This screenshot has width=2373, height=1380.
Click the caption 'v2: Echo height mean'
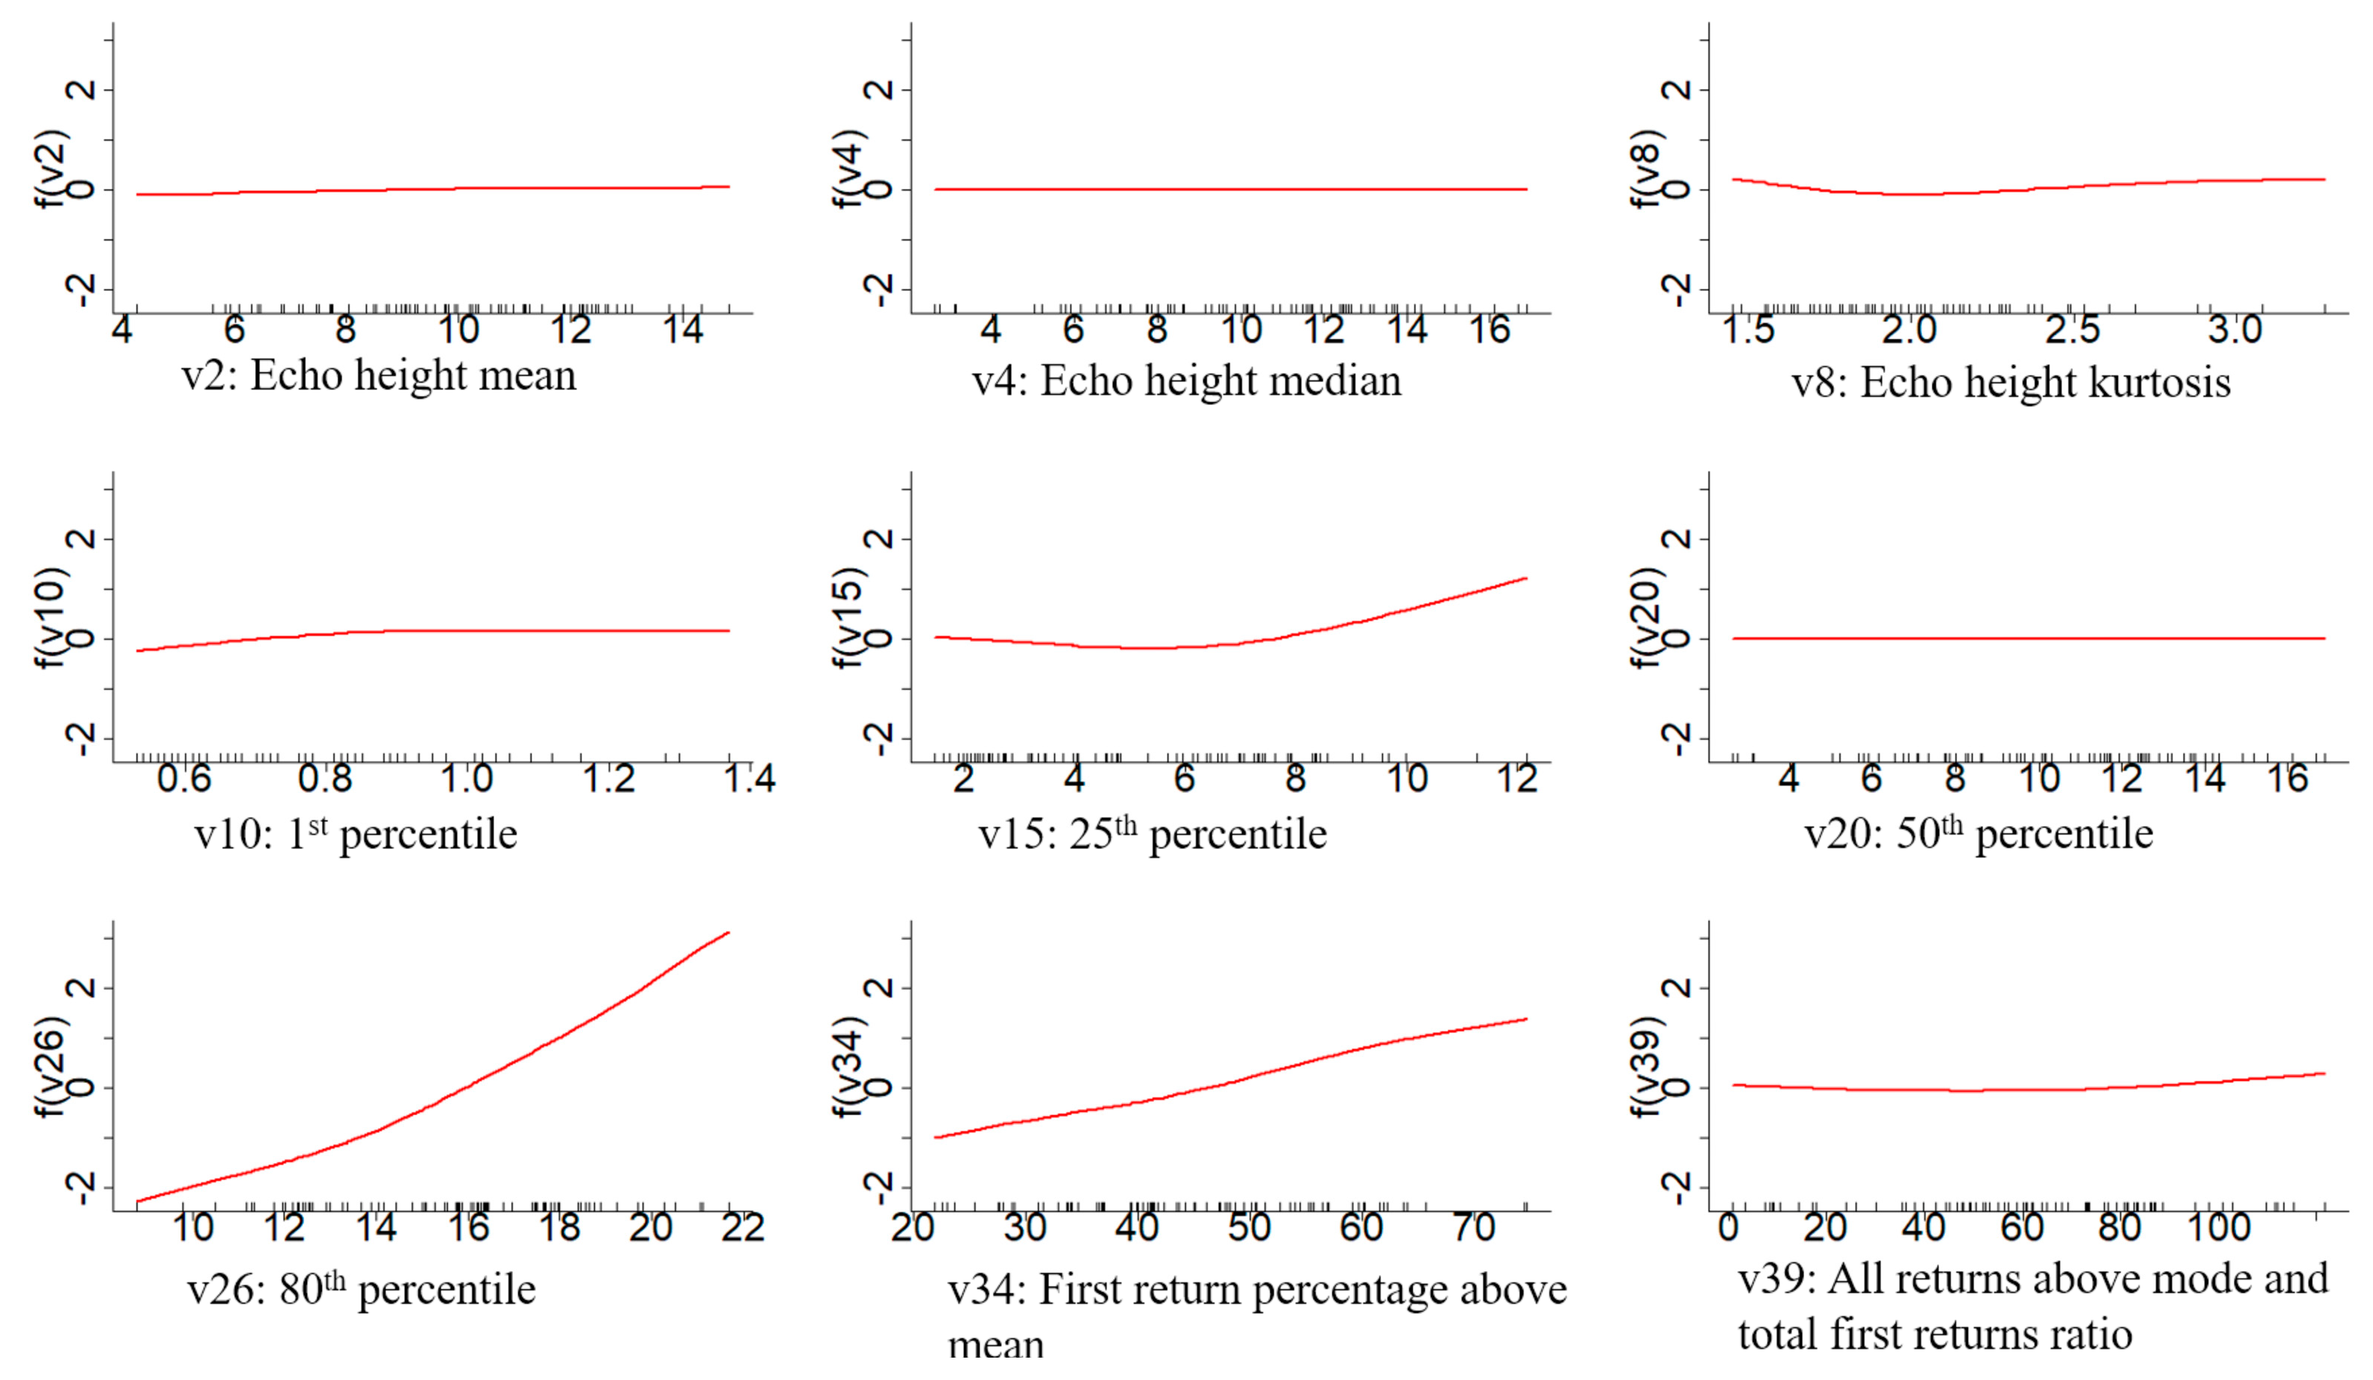point(379,376)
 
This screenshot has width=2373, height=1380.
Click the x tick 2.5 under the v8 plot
point(2072,330)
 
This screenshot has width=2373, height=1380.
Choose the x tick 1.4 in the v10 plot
point(749,779)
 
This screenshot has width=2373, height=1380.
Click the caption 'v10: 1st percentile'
point(356,835)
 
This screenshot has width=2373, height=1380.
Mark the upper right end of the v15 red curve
point(1525,578)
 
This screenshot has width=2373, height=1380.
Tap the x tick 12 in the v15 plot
point(1516,779)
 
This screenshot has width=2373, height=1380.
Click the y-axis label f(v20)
point(1647,617)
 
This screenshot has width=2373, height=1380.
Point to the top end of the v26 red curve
point(728,932)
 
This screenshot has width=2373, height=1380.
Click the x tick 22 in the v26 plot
point(742,1227)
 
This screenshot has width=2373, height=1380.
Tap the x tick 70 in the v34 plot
point(1472,1227)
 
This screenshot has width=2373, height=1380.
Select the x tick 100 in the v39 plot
point(2219,1227)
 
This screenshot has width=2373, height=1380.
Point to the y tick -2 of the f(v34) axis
point(880,1189)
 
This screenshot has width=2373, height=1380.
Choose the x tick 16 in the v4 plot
point(1490,330)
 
